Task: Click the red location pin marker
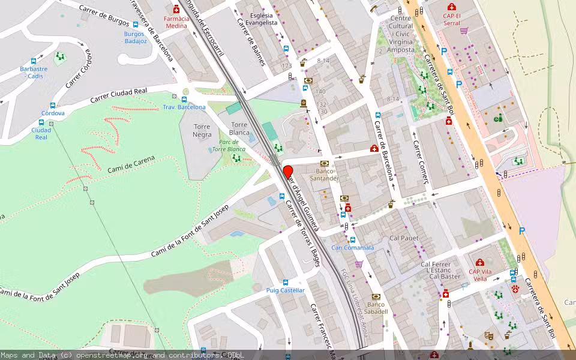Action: pyautogui.click(x=288, y=172)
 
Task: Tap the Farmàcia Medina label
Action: pyautogui.click(x=176, y=22)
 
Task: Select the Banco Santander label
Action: pyautogui.click(x=325, y=175)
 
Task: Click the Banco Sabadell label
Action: pyautogui.click(x=376, y=308)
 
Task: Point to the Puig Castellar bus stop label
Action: pyautogui.click(x=286, y=290)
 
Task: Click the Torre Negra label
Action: pyautogui.click(x=202, y=131)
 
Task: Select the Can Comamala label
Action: pyautogui.click(x=353, y=247)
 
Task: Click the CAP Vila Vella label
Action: pyautogui.click(x=480, y=275)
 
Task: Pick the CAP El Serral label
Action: pyautogui.click(x=452, y=19)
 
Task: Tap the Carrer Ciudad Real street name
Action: pyautogui.click(x=119, y=95)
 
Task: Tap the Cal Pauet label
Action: pyautogui.click(x=403, y=238)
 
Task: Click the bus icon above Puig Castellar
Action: pyautogui.click(x=286, y=282)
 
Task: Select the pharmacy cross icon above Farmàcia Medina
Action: pyautogui.click(x=176, y=10)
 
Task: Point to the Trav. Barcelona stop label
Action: pyautogui.click(x=184, y=107)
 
